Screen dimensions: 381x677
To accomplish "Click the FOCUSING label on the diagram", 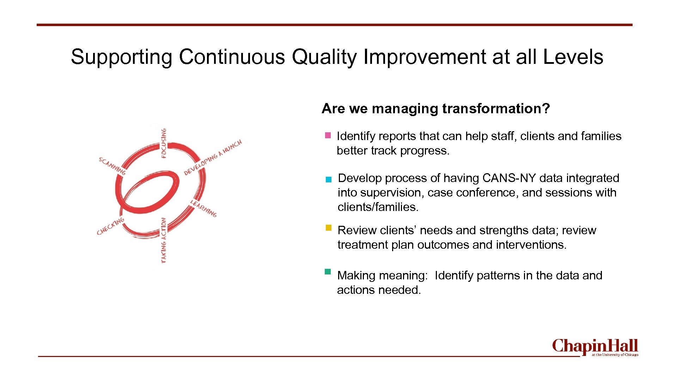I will point(164,143).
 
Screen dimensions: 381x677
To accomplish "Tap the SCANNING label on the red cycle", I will point(112,166).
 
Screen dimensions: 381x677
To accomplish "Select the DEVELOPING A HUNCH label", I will point(213,157).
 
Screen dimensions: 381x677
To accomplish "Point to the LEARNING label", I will point(203,208).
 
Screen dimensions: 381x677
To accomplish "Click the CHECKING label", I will point(110,226).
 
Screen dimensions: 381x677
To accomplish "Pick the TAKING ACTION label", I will point(163,240).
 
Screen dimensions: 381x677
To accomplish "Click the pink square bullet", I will point(328,135).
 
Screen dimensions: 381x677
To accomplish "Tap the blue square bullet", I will point(329,180).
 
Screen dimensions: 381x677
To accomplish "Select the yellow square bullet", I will point(328,228).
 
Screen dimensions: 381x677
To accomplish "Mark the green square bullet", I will point(328,272).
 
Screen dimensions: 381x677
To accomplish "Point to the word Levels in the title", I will point(573,57).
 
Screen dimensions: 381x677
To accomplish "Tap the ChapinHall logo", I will point(595,347).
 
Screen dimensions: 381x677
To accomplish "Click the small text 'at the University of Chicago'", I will point(615,355).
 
